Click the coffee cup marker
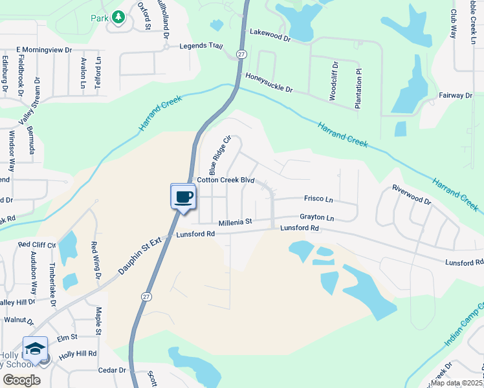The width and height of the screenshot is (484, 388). [183, 197]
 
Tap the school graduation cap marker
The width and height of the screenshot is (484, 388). [35, 349]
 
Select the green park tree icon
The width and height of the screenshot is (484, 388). [118, 17]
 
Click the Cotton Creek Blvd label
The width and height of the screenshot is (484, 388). [226, 180]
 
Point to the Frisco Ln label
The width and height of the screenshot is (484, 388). [318, 199]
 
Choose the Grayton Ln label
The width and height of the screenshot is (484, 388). [316, 218]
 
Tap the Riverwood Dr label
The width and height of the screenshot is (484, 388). [412, 195]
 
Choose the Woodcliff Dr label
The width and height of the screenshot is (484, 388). [334, 80]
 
